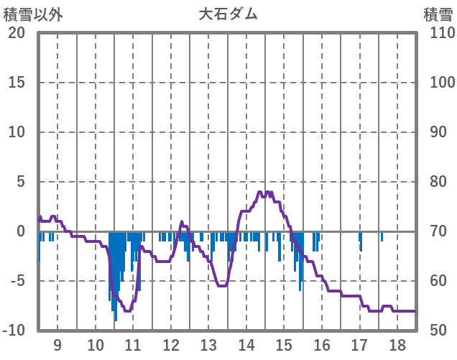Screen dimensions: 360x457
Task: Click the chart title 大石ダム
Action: pos(228,14)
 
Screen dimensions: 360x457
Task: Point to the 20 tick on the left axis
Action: pos(17,33)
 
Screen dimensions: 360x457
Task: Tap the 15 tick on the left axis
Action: pos(17,83)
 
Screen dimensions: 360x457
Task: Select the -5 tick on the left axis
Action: pos(17,281)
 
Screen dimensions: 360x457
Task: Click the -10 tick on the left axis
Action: pos(14,331)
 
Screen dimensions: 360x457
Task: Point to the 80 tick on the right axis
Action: pos(438,182)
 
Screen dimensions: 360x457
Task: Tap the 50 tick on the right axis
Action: pos(438,331)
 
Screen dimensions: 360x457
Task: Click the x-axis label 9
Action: pos(57,343)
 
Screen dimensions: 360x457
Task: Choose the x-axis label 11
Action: pos(133,343)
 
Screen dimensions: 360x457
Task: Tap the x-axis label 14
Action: pos(246,343)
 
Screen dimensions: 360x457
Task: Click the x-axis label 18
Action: pos(397,343)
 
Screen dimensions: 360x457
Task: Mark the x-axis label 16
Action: pos(321,343)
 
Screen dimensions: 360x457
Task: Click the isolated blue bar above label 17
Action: pos(361,241)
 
